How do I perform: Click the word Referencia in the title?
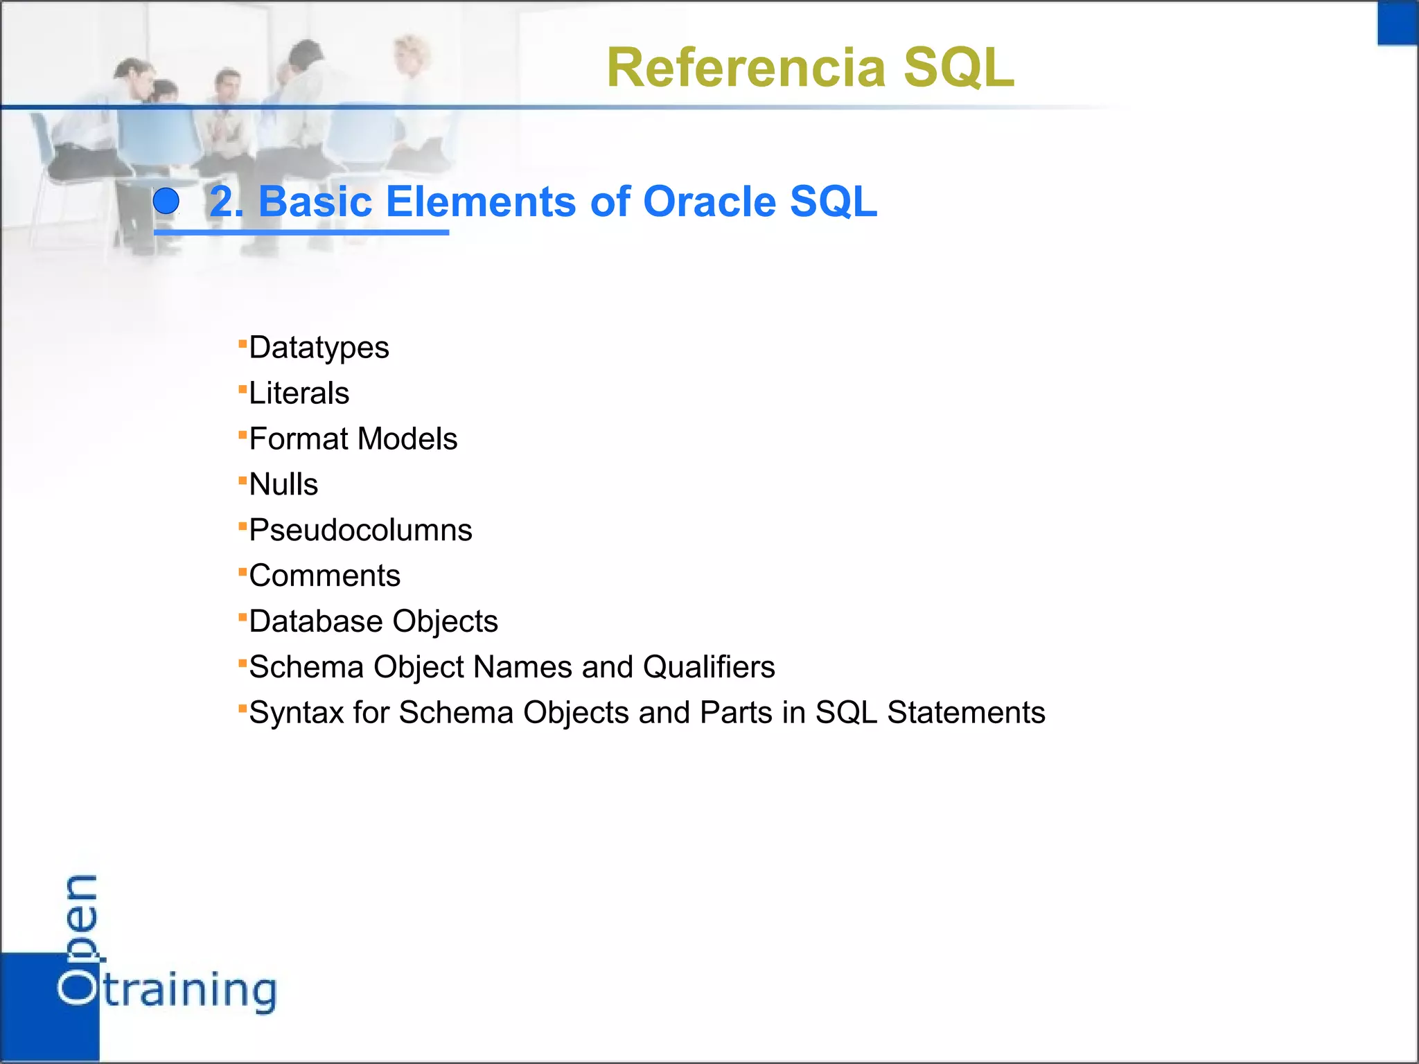coord(746,68)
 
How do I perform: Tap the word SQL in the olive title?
coord(959,68)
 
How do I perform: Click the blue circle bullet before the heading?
coord(166,202)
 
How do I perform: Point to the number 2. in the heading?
coord(226,202)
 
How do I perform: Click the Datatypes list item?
coord(319,348)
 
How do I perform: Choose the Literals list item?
coord(299,393)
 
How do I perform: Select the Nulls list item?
coord(283,484)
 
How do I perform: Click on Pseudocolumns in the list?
coord(360,531)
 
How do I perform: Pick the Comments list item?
coord(324,576)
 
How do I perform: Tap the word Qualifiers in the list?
coord(709,667)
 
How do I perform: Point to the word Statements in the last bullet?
coord(966,713)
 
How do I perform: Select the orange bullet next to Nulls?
coord(243,479)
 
